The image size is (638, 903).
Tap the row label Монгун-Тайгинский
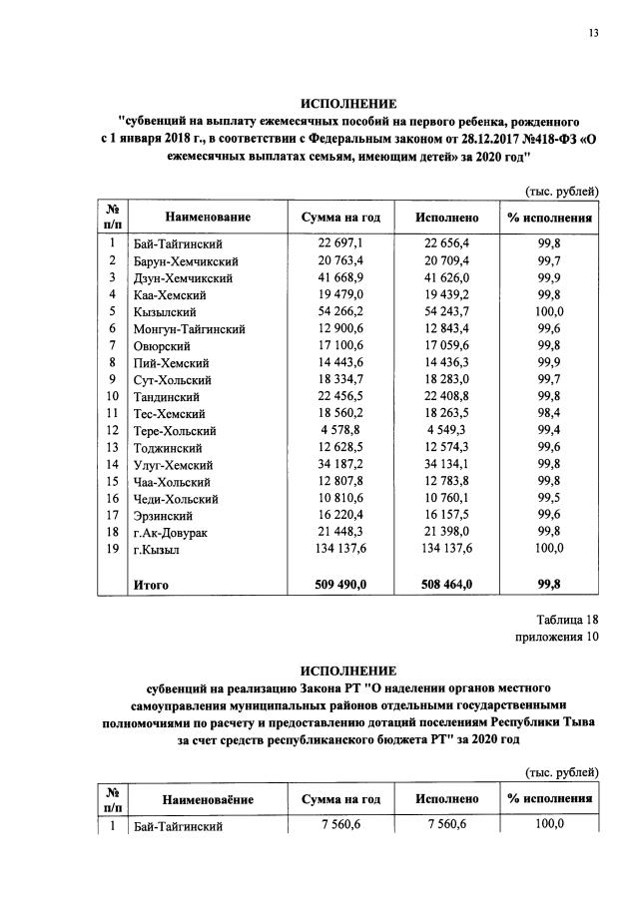190,328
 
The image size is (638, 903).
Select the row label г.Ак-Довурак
171,533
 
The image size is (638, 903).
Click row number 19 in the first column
113,549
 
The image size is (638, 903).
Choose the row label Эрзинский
162,516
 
